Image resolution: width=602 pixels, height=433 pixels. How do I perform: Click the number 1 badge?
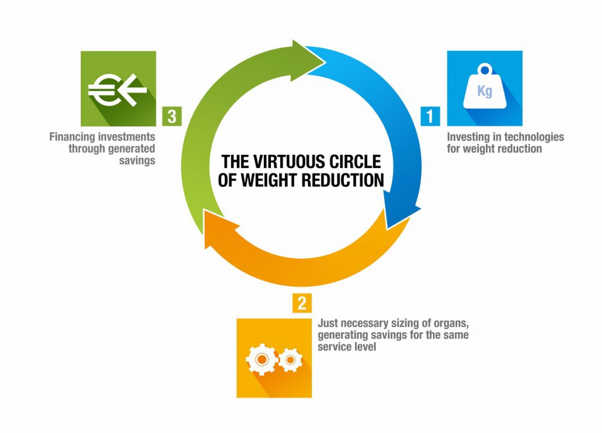[430, 116]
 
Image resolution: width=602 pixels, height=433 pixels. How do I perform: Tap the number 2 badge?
[302, 303]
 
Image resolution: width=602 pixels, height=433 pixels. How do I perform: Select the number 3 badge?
[172, 116]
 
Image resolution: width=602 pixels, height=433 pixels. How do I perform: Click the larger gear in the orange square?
[262, 360]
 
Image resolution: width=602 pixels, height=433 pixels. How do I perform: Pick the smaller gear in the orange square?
[290, 360]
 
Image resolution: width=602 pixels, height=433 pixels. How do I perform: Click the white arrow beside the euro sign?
[133, 90]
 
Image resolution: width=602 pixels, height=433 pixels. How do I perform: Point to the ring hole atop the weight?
[485, 70]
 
